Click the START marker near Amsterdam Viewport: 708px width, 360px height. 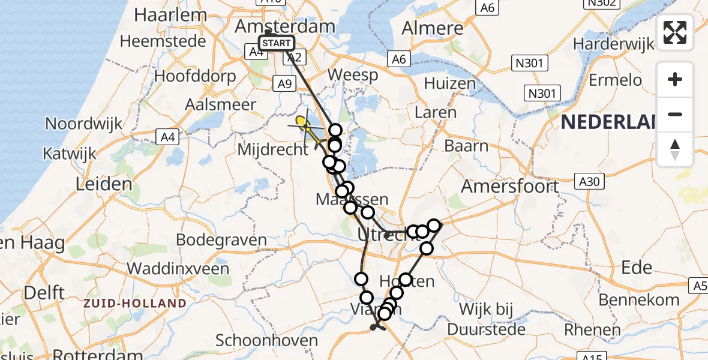coord(277,43)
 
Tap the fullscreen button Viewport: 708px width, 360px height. coord(675,32)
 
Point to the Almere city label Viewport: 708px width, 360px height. coord(433,28)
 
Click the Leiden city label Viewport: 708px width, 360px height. coord(104,184)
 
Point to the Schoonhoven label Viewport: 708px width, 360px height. coord(267,341)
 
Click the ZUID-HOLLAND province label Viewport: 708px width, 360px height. coord(135,304)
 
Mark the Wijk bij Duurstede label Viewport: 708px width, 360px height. coord(487,319)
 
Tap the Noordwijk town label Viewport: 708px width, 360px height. coord(84,124)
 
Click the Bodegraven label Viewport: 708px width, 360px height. coord(221,241)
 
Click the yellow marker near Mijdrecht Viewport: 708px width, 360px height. coord(301,121)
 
